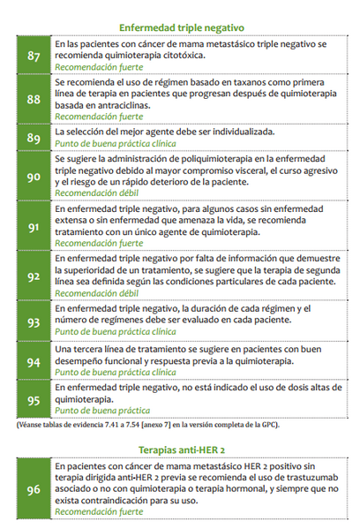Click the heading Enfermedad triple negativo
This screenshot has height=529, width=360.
pyautogui.click(x=181, y=27)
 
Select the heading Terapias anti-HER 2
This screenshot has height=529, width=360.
pyautogui.click(x=181, y=448)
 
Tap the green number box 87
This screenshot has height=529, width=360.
pyautogui.click(x=34, y=56)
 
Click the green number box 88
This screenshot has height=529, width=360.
pyautogui.click(x=34, y=99)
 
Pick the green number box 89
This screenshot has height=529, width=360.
pyautogui.click(x=34, y=138)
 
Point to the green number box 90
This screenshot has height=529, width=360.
pyautogui.click(x=34, y=176)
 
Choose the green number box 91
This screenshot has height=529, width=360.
pyautogui.click(x=34, y=226)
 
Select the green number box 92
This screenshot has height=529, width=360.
pyautogui.click(x=34, y=276)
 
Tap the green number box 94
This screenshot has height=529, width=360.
pyautogui.click(x=34, y=362)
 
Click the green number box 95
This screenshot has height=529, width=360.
pyautogui.click(x=34, y=399)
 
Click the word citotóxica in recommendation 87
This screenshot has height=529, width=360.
pyautogui.click(x=179, y=55)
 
